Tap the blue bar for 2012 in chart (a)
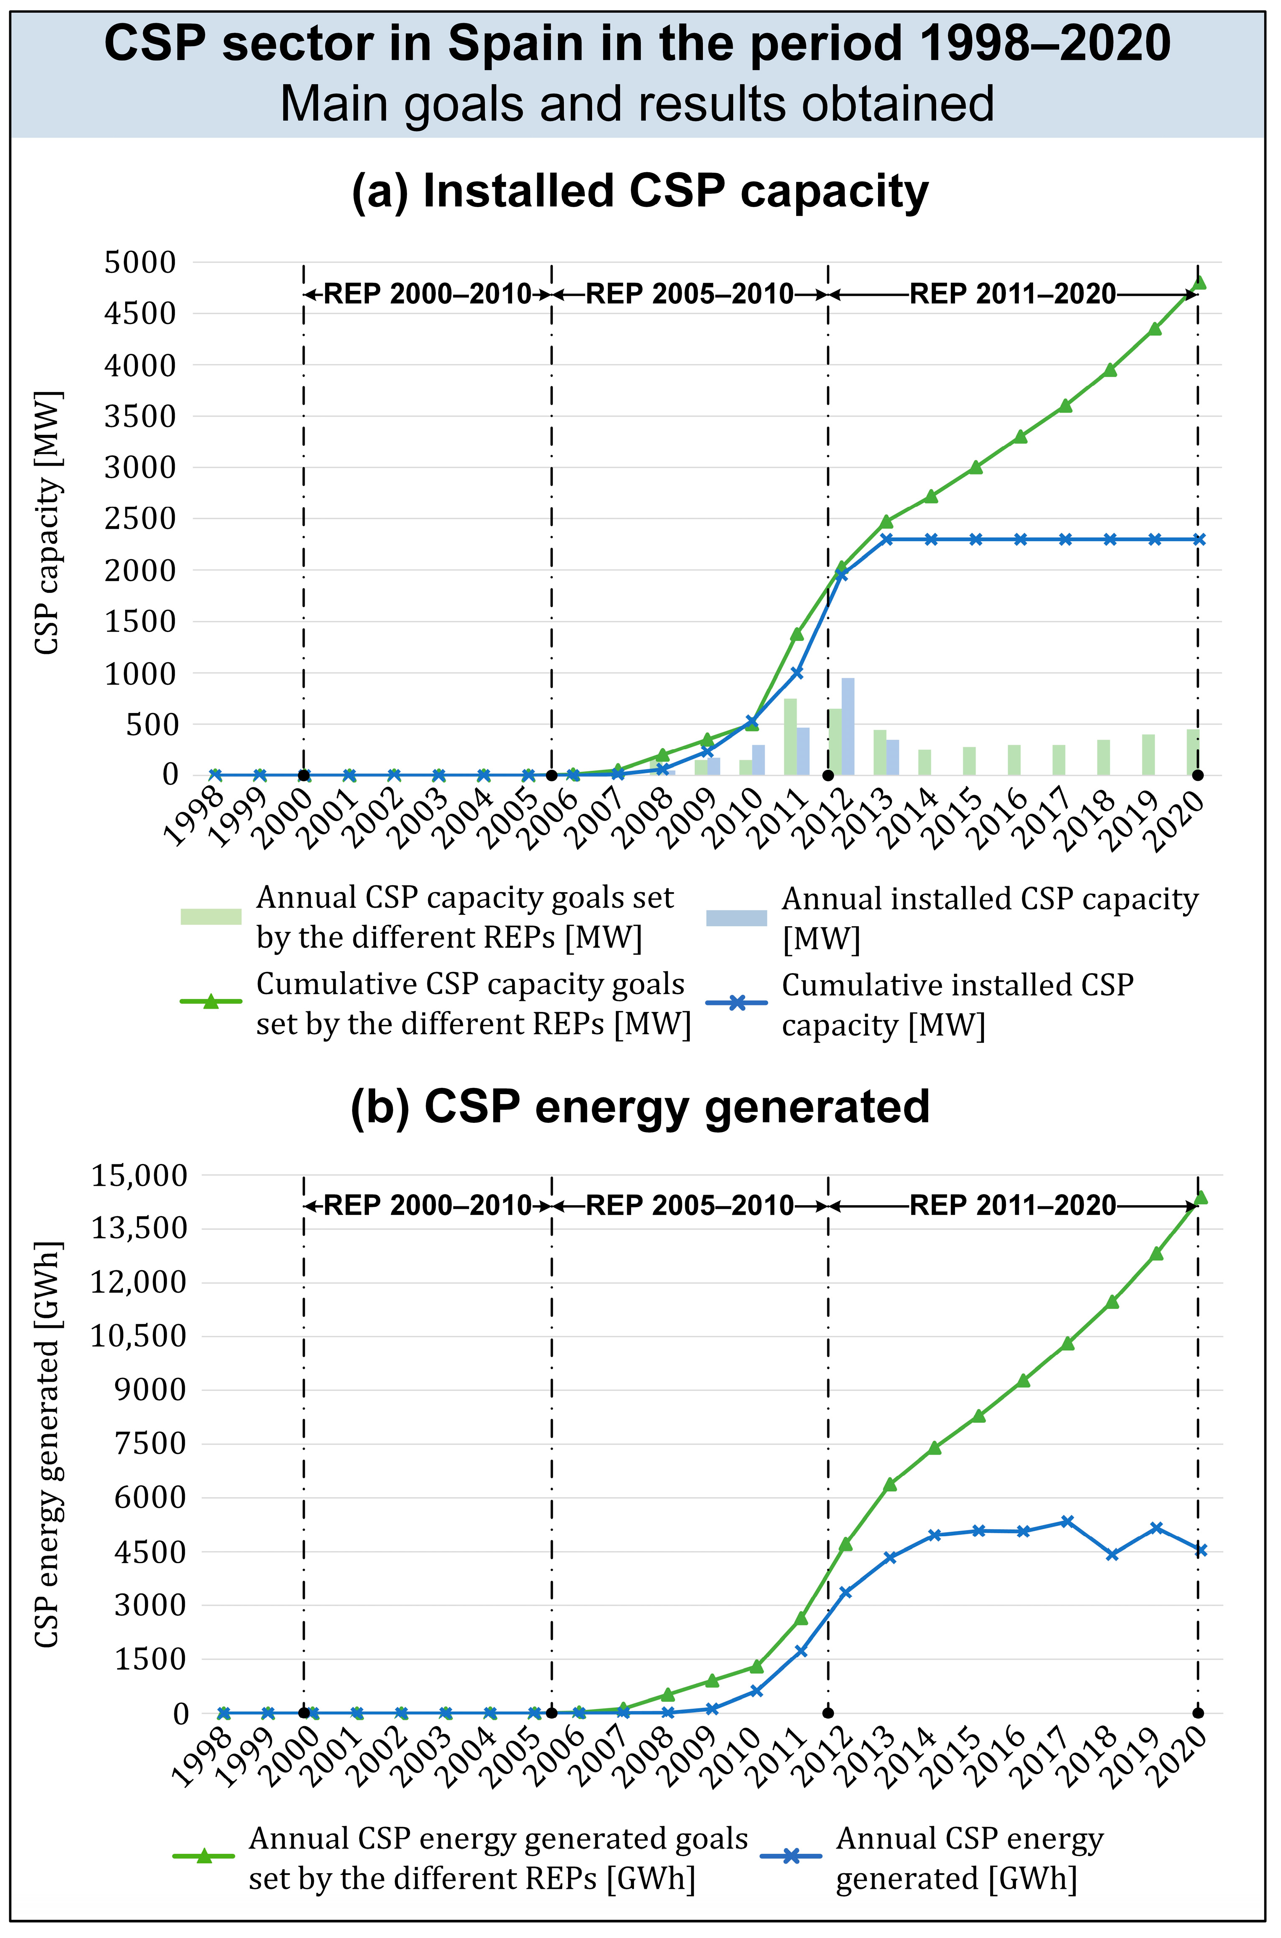coord(848,727)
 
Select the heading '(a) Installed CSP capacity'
coord(640,191)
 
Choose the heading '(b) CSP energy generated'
coord(640,1107)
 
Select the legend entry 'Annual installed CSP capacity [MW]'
coord(989,918)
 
